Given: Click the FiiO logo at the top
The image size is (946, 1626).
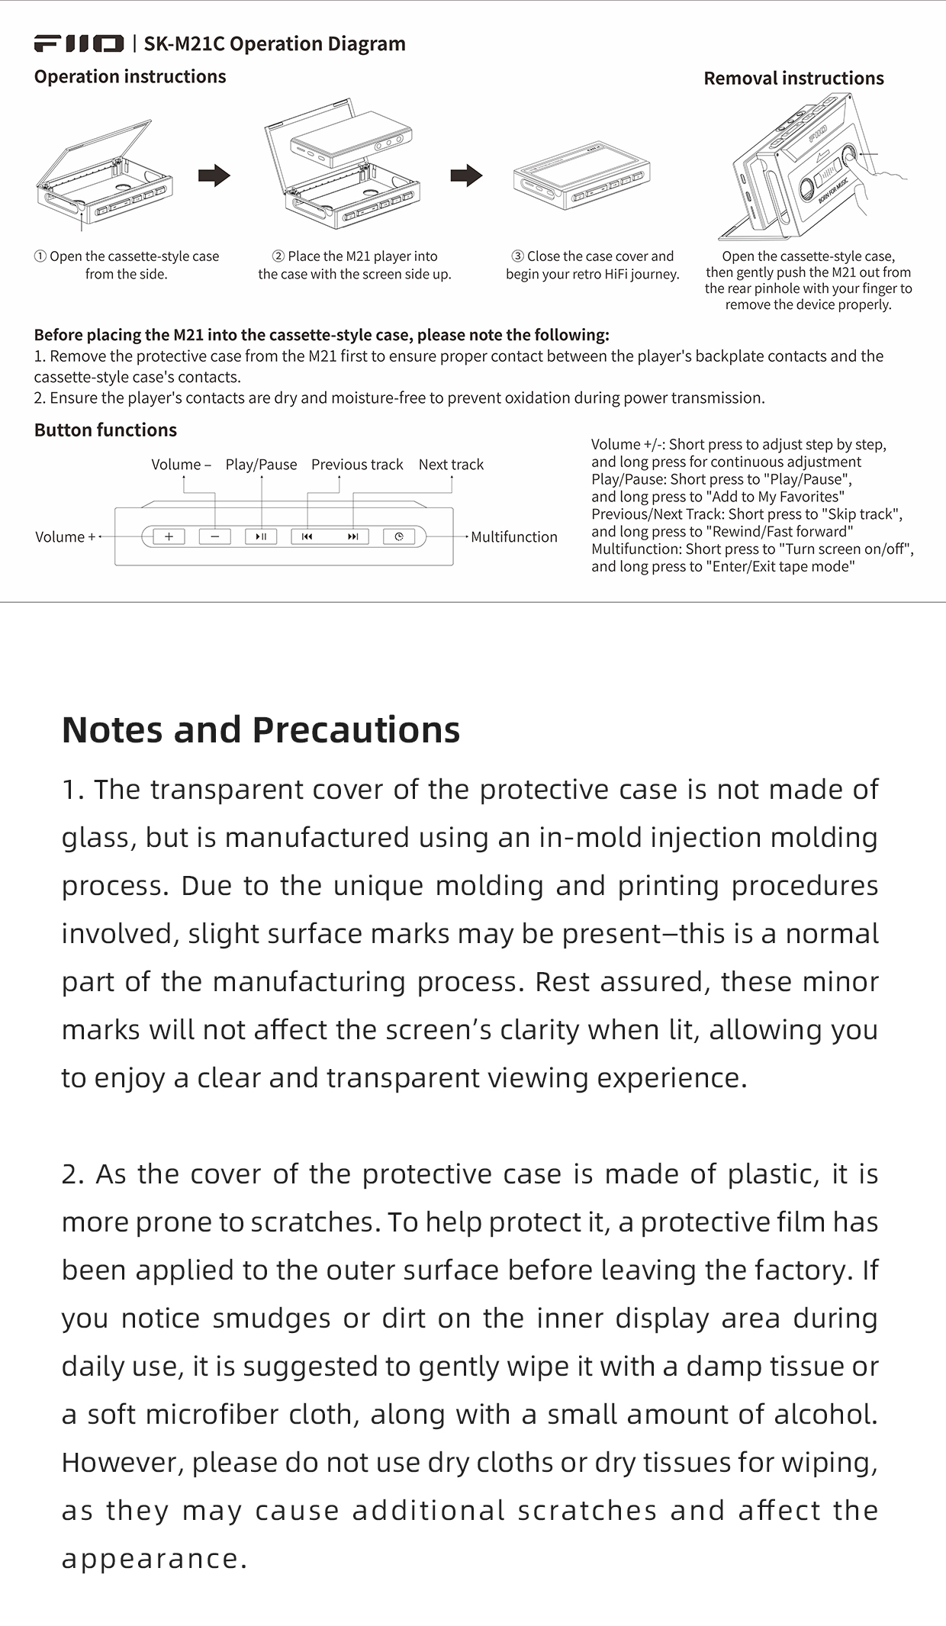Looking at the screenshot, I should coord(79,43).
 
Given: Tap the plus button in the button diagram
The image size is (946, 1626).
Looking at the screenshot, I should coord(169,536).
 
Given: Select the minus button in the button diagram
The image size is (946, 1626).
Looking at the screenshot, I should coord(215,536).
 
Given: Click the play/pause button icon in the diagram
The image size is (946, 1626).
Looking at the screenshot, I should coord(261,536).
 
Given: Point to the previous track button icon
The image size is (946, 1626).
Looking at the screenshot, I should coord(307,536).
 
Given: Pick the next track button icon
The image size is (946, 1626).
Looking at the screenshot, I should coord(352,536).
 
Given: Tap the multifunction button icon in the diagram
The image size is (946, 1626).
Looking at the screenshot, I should coord(399,536).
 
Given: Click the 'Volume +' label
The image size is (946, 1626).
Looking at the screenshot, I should coord(66,537).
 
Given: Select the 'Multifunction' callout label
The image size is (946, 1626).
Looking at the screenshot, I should coord(513,537).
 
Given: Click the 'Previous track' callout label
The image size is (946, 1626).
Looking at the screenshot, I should coord(357,465).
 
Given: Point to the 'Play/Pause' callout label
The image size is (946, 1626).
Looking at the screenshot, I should coord(261,465).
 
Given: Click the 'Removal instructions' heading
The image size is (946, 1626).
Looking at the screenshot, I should coord(793,79).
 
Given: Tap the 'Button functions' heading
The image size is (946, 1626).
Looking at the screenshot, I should coord(105,430).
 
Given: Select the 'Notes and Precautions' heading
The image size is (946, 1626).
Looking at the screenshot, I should coord(261,730).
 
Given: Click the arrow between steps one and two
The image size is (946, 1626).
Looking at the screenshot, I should coord(214,175).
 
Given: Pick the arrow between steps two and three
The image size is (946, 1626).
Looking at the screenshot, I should coord(466,175).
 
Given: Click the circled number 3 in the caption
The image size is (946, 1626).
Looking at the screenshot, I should coord(518,256).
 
